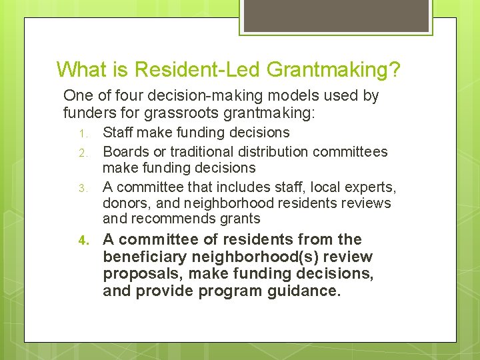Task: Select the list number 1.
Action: pyautogui.click(x=83, y=133)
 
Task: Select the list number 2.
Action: pyautogui.click(x=83, y=153)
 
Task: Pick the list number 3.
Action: pyautogui.click(x=83, y=189)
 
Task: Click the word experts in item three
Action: pyautogui.click(x=373, y=188)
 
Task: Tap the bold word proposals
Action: pyautogui.click(x=137, y=274)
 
